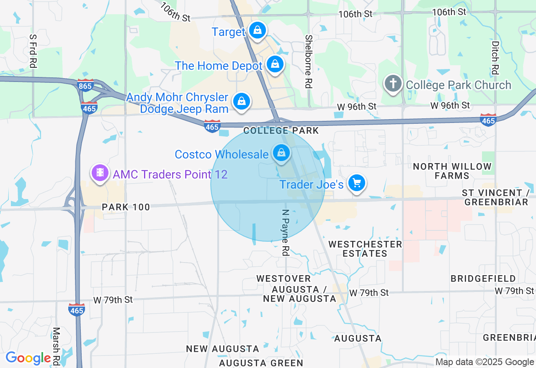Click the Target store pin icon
[257, 30]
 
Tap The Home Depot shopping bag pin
[275, 64]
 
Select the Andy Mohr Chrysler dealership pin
[242, 101]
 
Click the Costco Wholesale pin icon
[281, 153]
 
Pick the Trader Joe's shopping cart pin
[357, 183]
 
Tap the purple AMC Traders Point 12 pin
[100, 172]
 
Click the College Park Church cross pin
[393, 84]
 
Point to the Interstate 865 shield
[86, 85]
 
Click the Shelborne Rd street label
[309, 61]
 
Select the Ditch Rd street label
[495, 57]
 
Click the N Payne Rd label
[286, 233]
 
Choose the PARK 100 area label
[126, 207]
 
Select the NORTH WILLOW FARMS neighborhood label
[452, 171]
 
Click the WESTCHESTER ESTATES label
[365, 249]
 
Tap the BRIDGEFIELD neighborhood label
[483, 279]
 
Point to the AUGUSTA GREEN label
[261, 363]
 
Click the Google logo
[28, 358]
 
